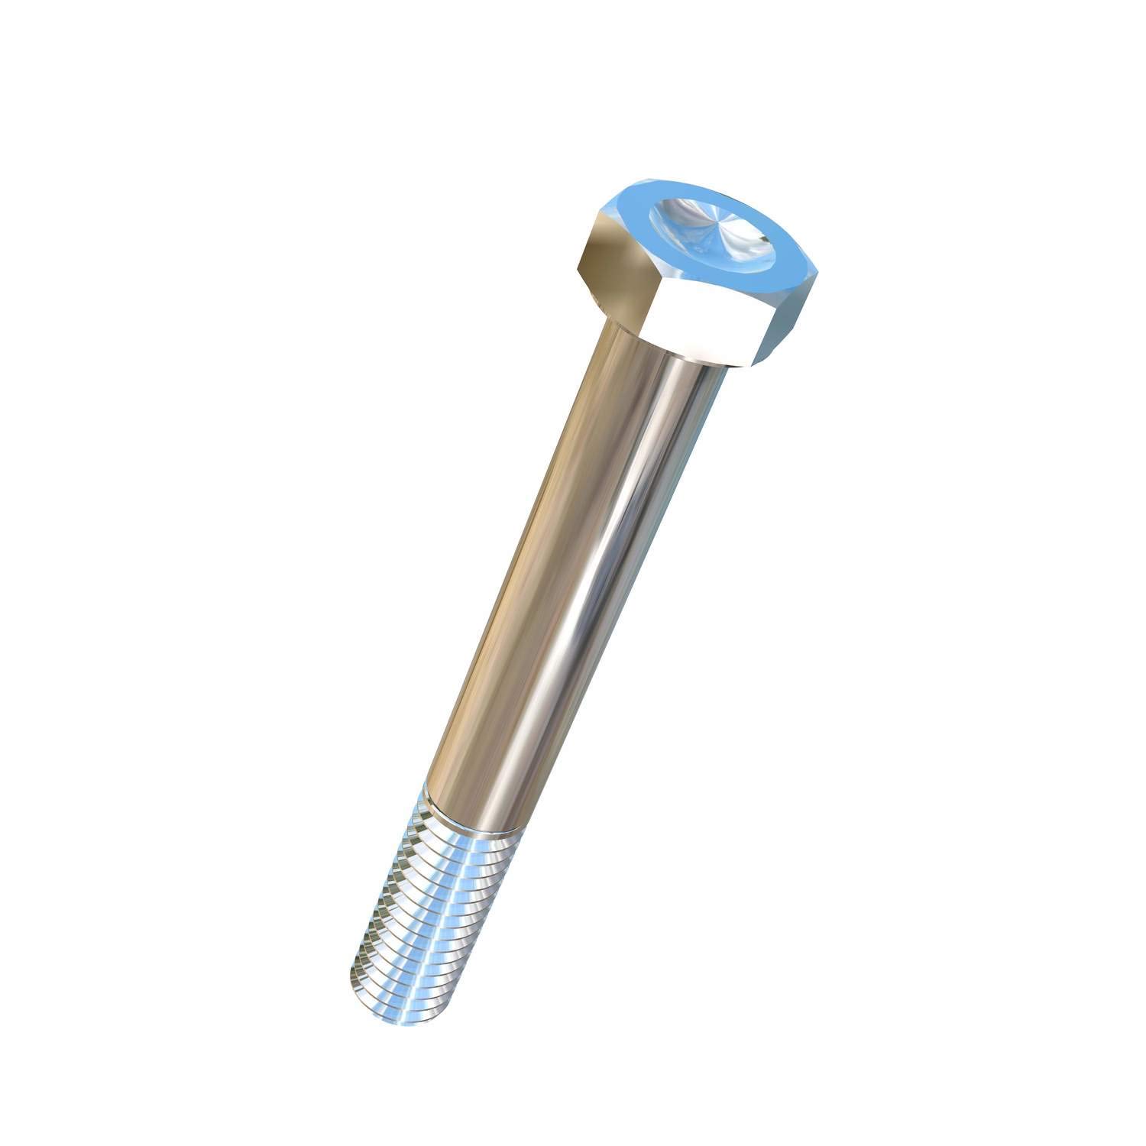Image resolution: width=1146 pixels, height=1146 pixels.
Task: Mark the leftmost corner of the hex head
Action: click(x=575, y=267)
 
